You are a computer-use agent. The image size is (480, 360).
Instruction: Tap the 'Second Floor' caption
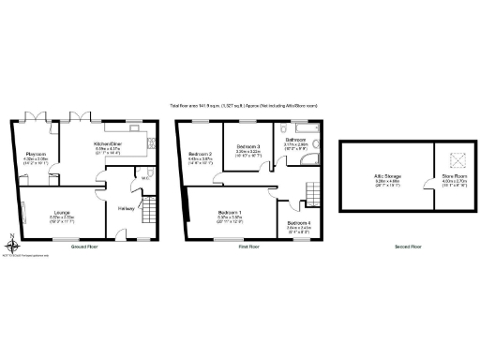[x=409, y=246]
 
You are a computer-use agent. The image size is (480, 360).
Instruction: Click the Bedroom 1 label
[x=229, y=213]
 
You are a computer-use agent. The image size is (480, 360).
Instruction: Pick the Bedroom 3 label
[x=247, y=147]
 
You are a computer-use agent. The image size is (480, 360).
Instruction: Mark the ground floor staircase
[x=146, y=213]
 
